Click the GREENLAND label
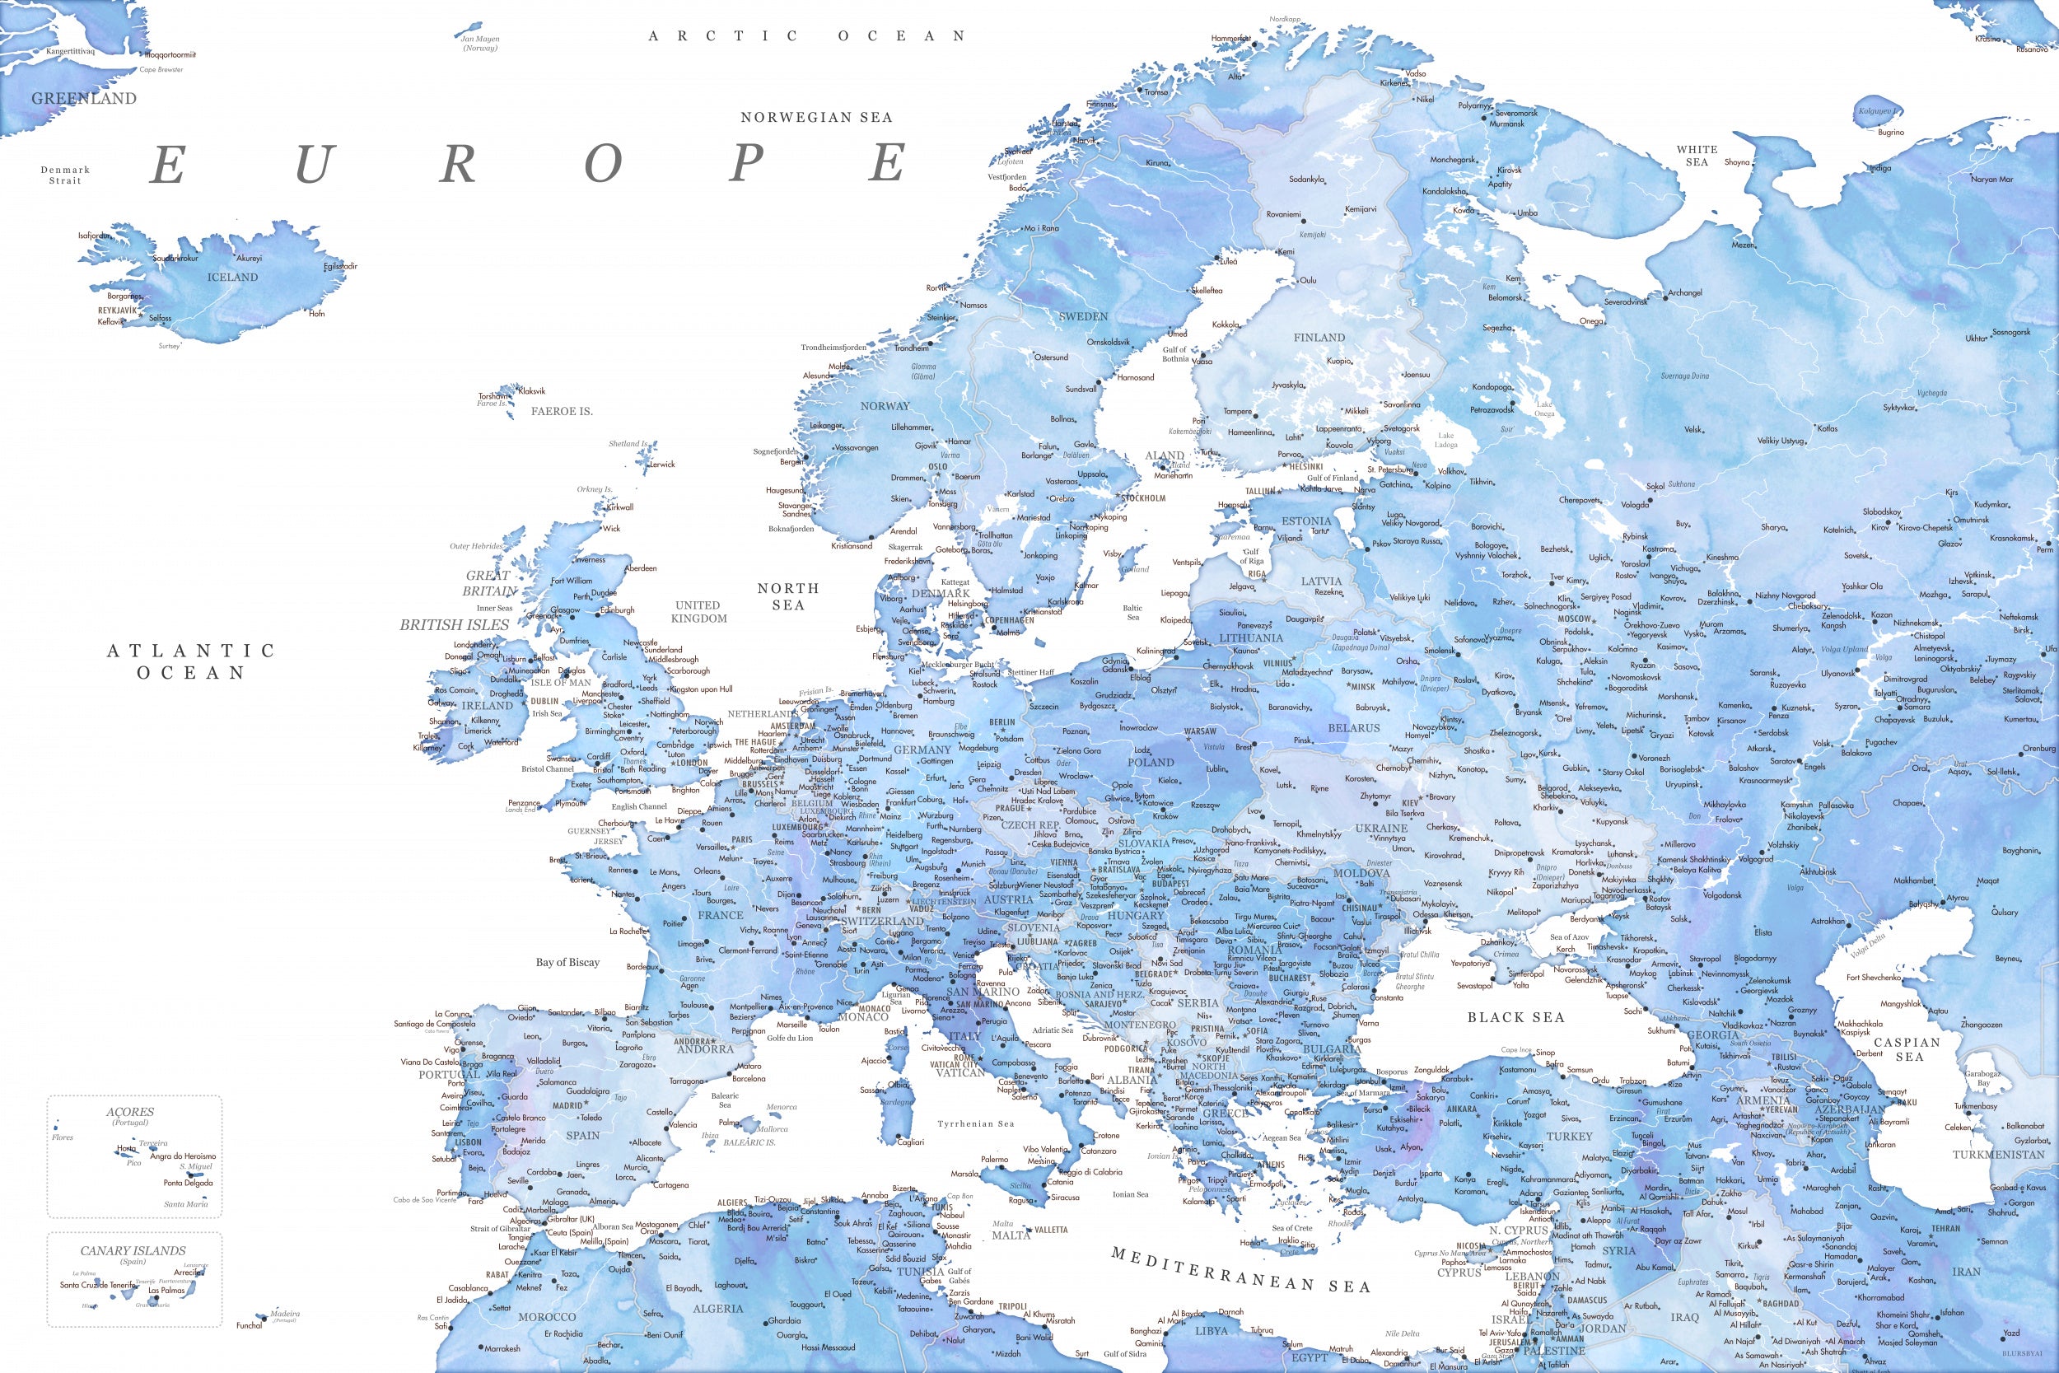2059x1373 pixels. [x=84, y=99]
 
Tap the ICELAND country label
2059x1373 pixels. [x=232, y=277]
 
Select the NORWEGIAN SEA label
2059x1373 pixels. [x=816, y=117]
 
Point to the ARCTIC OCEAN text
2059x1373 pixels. [x=806, y=36]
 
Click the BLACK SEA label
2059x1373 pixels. [x=1515, y=1017]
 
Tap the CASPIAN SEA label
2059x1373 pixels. [x=1907, y=1049]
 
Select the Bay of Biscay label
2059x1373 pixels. [x=567, y=962]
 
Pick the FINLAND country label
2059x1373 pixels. [x=1319, y=338]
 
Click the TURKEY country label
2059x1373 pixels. [x=1570, y=1137]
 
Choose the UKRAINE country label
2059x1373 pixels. [x=1380, y=828]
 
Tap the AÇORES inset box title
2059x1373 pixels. [x=129, y=1112]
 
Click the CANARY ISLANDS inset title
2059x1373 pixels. [x=133, y=1251]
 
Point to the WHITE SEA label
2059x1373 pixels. [x=1697, y=156]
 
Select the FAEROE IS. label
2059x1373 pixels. [x=561, y=412]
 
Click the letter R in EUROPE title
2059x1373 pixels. [x=458, y=164]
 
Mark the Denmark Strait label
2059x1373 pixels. [x=65, y=175]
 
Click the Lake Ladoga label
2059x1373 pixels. [x=1445, y=441]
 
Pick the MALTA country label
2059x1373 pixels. [x=1011, y=1235]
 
